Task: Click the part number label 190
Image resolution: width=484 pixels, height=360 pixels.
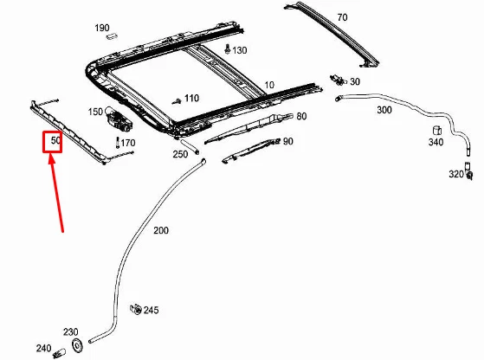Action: (x=102, y=28)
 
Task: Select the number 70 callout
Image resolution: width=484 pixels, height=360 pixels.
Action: (x=341, y=17)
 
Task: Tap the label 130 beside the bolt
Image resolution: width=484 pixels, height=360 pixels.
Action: (x=240, y=50)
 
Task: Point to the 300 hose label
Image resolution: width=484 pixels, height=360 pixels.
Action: (x=384, y=112)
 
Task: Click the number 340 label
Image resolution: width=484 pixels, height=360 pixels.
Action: (x=436, y=142)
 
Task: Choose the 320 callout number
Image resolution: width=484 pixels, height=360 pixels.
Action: (x=455, y=174)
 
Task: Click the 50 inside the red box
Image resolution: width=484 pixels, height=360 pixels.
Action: (x=54, y=139)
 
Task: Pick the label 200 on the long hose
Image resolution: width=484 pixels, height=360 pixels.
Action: (x=161, y=231)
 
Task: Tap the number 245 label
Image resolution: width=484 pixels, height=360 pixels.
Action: (x=152, y=310)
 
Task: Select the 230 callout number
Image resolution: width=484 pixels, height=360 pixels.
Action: (x=70, y=331)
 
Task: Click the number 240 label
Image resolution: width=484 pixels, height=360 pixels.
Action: (x=43, y=349)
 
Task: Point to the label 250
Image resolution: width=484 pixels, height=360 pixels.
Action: (x=179, y=154)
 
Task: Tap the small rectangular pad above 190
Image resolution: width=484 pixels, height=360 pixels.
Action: (x=110, y=38)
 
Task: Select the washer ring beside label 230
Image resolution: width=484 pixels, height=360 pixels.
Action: (x=77, y=345)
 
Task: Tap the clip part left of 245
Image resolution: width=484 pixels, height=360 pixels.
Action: (x=135, y=308)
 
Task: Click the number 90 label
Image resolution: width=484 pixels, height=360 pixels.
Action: (x=287, y=141)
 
